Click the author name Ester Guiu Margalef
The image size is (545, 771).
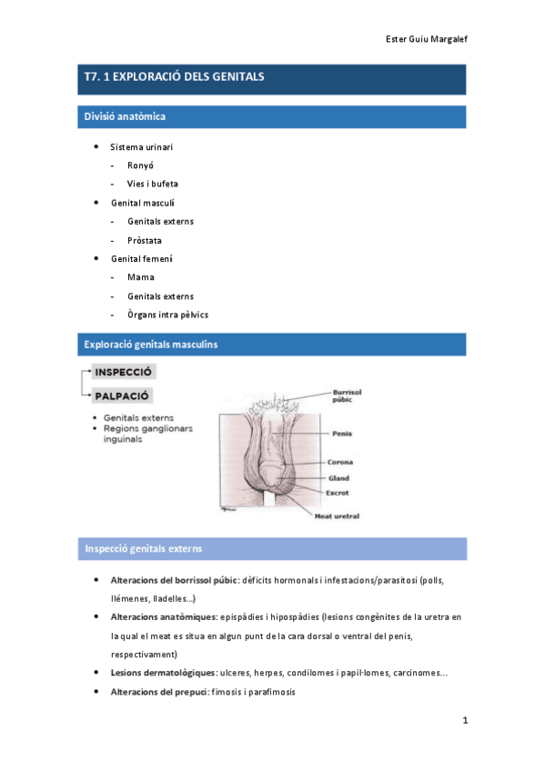pyautogui.click(x=427, y=39)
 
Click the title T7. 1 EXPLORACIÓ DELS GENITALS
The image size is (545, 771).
pyautogui.click(x=174, y=77)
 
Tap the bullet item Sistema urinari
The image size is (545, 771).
pyautogui.click(x=141, y=146)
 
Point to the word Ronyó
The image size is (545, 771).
pyautogui.click(x=141, y=165)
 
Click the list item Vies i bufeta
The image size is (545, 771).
pyautogui.click(x=153, y=184)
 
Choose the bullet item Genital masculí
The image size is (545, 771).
pyautogui.click(x=143, y=203)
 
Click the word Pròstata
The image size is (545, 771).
pyautogui.click(x=145, y=240)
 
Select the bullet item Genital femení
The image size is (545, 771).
pyautogui.click(x=141, y=259)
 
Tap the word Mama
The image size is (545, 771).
pyautogui.click(x=141, y=277)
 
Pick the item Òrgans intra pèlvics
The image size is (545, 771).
pyautogui.click(x=167, y=315)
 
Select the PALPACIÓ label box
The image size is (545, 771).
pyautogui.click(x=121, y=396)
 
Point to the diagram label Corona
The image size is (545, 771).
pyautogui.click(x=340, y=462)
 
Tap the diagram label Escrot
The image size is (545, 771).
pyautogui.click(x=338, y=492)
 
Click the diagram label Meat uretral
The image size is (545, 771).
pyautogui.click(x=337, y=516)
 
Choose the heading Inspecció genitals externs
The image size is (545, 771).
pyautogui.click(x=143, y=549)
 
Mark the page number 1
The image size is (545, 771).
pyautogui.click(x=464, y=721)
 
